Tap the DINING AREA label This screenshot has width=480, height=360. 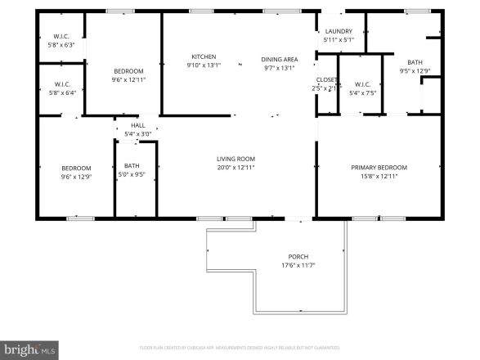coord(279,60)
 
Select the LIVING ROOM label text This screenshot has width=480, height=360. coord(236,159)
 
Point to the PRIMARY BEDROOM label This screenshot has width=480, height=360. coord(379,168)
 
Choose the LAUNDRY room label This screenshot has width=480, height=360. coord(339,31)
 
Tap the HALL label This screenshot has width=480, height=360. coord(137,125)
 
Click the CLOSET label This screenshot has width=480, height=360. coord(326,80)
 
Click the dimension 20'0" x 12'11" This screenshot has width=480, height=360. coord(236,167)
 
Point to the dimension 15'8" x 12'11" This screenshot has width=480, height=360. coord(379,176)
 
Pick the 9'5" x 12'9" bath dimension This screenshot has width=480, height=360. coord(415,70)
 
